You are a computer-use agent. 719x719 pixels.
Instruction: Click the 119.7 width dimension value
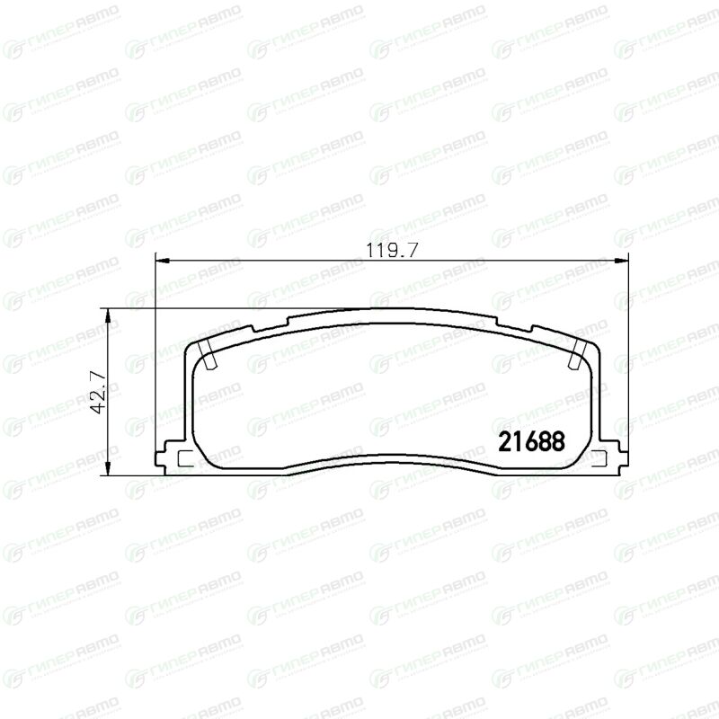pos(392,251)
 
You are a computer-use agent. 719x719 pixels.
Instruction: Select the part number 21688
pos(531,441)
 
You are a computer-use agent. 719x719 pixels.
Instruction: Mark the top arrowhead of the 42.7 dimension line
pos(108,315)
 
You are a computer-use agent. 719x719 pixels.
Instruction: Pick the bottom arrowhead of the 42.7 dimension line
pos(108,468)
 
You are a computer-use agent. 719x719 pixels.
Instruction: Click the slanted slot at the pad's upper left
pos(208,355)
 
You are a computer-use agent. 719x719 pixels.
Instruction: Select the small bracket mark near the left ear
pos(182,458)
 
